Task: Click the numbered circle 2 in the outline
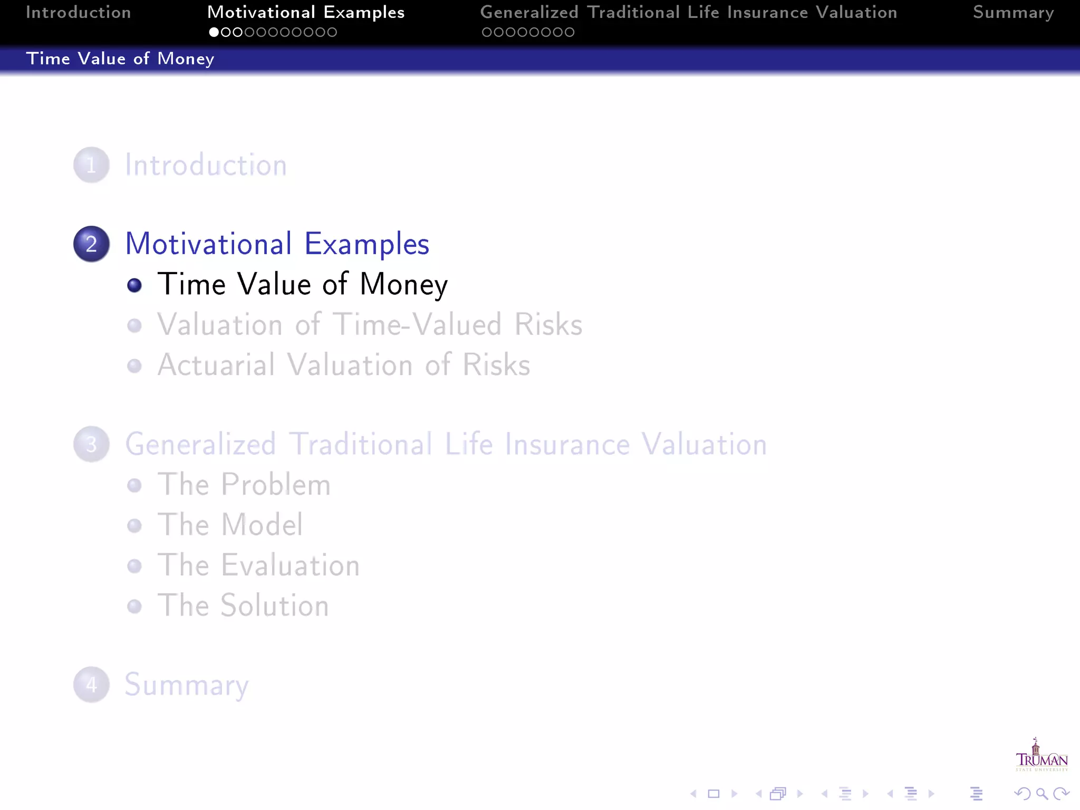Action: [91, 244]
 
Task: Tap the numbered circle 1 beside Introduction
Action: [91, 165]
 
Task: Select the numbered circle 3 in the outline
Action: [91, 444]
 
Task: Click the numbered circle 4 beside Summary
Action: [91, 684]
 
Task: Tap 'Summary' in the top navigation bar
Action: [1013, 13]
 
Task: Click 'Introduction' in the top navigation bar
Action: [79, 13]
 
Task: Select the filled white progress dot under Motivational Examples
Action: [214, 32]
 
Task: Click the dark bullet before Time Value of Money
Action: [134, 285]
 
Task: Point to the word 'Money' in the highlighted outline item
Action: [403, 285]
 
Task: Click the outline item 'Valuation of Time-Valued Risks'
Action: [370, 324]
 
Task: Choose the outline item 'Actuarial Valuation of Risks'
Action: [344, 365]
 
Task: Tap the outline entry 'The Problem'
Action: [244, 485]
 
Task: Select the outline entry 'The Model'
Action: [230, 525]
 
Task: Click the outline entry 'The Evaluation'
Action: [258, 565]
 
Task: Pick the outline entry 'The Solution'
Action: [243, 605]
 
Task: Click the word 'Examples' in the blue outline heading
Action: [367, 244]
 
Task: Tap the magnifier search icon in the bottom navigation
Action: [1042, 794]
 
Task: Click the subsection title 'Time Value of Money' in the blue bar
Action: [120, 59]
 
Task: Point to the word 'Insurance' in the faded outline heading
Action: [567, 444]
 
